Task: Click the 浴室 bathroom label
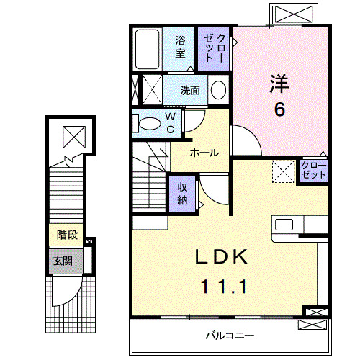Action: pyautogui.click(x=179, y=47)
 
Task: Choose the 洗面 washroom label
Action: pyautogui.click(x=190, y=91)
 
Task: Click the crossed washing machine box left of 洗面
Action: pyautogui.click(x=150, y=91)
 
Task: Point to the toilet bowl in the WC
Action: pyautogui.click(x=149, y=124)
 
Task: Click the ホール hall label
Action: pyautogui.click(x=204, y=153)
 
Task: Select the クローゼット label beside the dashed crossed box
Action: pyautogui.click(x=314, y=171)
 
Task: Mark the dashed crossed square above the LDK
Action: pyautogui.click(x=283, y=171)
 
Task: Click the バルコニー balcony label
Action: pyautogui.click(x=229, y=336)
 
